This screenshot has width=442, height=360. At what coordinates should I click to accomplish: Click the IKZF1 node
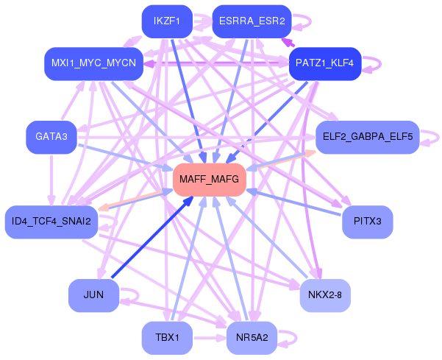(x=167, y=21)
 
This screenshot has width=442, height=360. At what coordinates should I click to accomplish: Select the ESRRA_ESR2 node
(x=252, y=21)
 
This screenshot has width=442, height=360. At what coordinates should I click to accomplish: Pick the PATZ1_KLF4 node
(x=325, y=64)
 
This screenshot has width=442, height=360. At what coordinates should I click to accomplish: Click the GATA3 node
(x=51, y=138)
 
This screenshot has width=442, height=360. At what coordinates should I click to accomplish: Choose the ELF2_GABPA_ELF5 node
(x=368, y=138)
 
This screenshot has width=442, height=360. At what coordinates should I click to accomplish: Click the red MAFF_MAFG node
(x=210, y=180)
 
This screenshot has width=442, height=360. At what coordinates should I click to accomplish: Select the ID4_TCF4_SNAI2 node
(x=51, y=222)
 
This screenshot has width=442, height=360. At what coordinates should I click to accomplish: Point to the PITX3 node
(x=368, y=222)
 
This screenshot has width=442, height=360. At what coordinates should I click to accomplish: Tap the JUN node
(x=93, y=296)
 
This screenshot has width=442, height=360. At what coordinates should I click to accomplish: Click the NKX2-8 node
(x=325, y=296)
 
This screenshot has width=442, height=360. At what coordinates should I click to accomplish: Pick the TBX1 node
(x=167, y=338)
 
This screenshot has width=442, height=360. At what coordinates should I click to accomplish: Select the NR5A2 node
(x=252, y=338)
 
